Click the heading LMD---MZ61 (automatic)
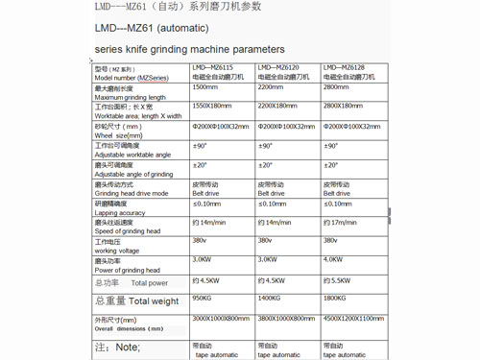(x=151, y=27)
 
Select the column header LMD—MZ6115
(x=213, y=69)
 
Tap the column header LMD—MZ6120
(x=278, y=69)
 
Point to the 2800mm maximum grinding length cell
(x=338, y=86)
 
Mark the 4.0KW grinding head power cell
(x=334, y=259)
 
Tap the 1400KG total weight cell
(x=271, y=298)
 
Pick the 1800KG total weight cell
(x=337, y=298)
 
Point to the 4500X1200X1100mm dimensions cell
(x=353, y=318)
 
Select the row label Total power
(x=150, y=283)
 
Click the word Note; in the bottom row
(x=127, y=348)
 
